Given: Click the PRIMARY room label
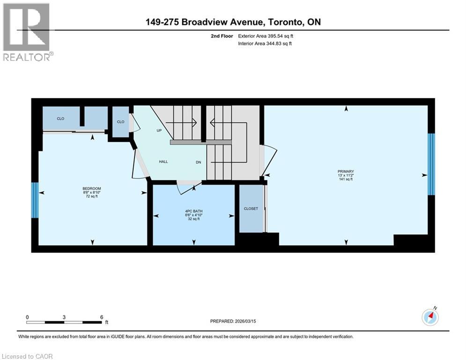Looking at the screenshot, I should pyautogui.click(x=347, y=172).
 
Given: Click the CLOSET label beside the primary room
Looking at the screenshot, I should pyautogui.click(x=251, y=209).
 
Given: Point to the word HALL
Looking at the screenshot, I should pyautogui.click(x=163, y=162).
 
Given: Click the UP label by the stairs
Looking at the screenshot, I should pyautogui.click(x=159, y=130).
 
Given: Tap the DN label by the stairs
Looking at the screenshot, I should pyautogui.click(x=199, y=162).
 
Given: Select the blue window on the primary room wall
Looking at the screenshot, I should pyautogui.click(x=431, y=164).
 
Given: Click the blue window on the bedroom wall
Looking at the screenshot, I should pyautogui.click(x=35, y=200).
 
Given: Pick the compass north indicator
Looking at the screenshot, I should pyautogui.click(x=430, y=317).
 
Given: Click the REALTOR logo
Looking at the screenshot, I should pyautogui.click(x=28, y=32).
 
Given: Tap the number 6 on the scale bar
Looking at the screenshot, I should pyautogui.click(x=102, y=317).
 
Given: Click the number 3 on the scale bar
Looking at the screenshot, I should pyautogui.click(x=64, y=317).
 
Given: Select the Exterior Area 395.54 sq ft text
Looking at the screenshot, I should pyautogui.click(x=266, y=36).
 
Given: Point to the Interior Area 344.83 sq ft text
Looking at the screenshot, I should pyautogui.click(x=265, y=44).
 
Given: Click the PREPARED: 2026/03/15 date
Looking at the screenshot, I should pyautogui.click(x=237, y=321).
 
